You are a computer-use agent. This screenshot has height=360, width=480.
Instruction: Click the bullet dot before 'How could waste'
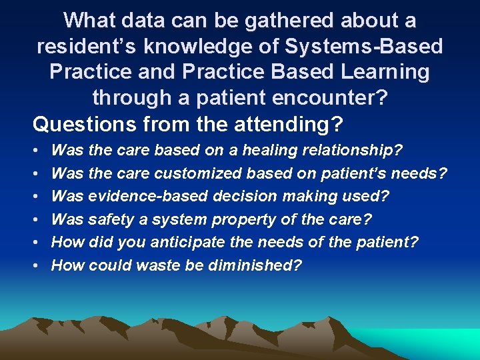point(35,265)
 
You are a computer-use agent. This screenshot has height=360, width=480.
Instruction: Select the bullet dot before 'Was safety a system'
point(35,219)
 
